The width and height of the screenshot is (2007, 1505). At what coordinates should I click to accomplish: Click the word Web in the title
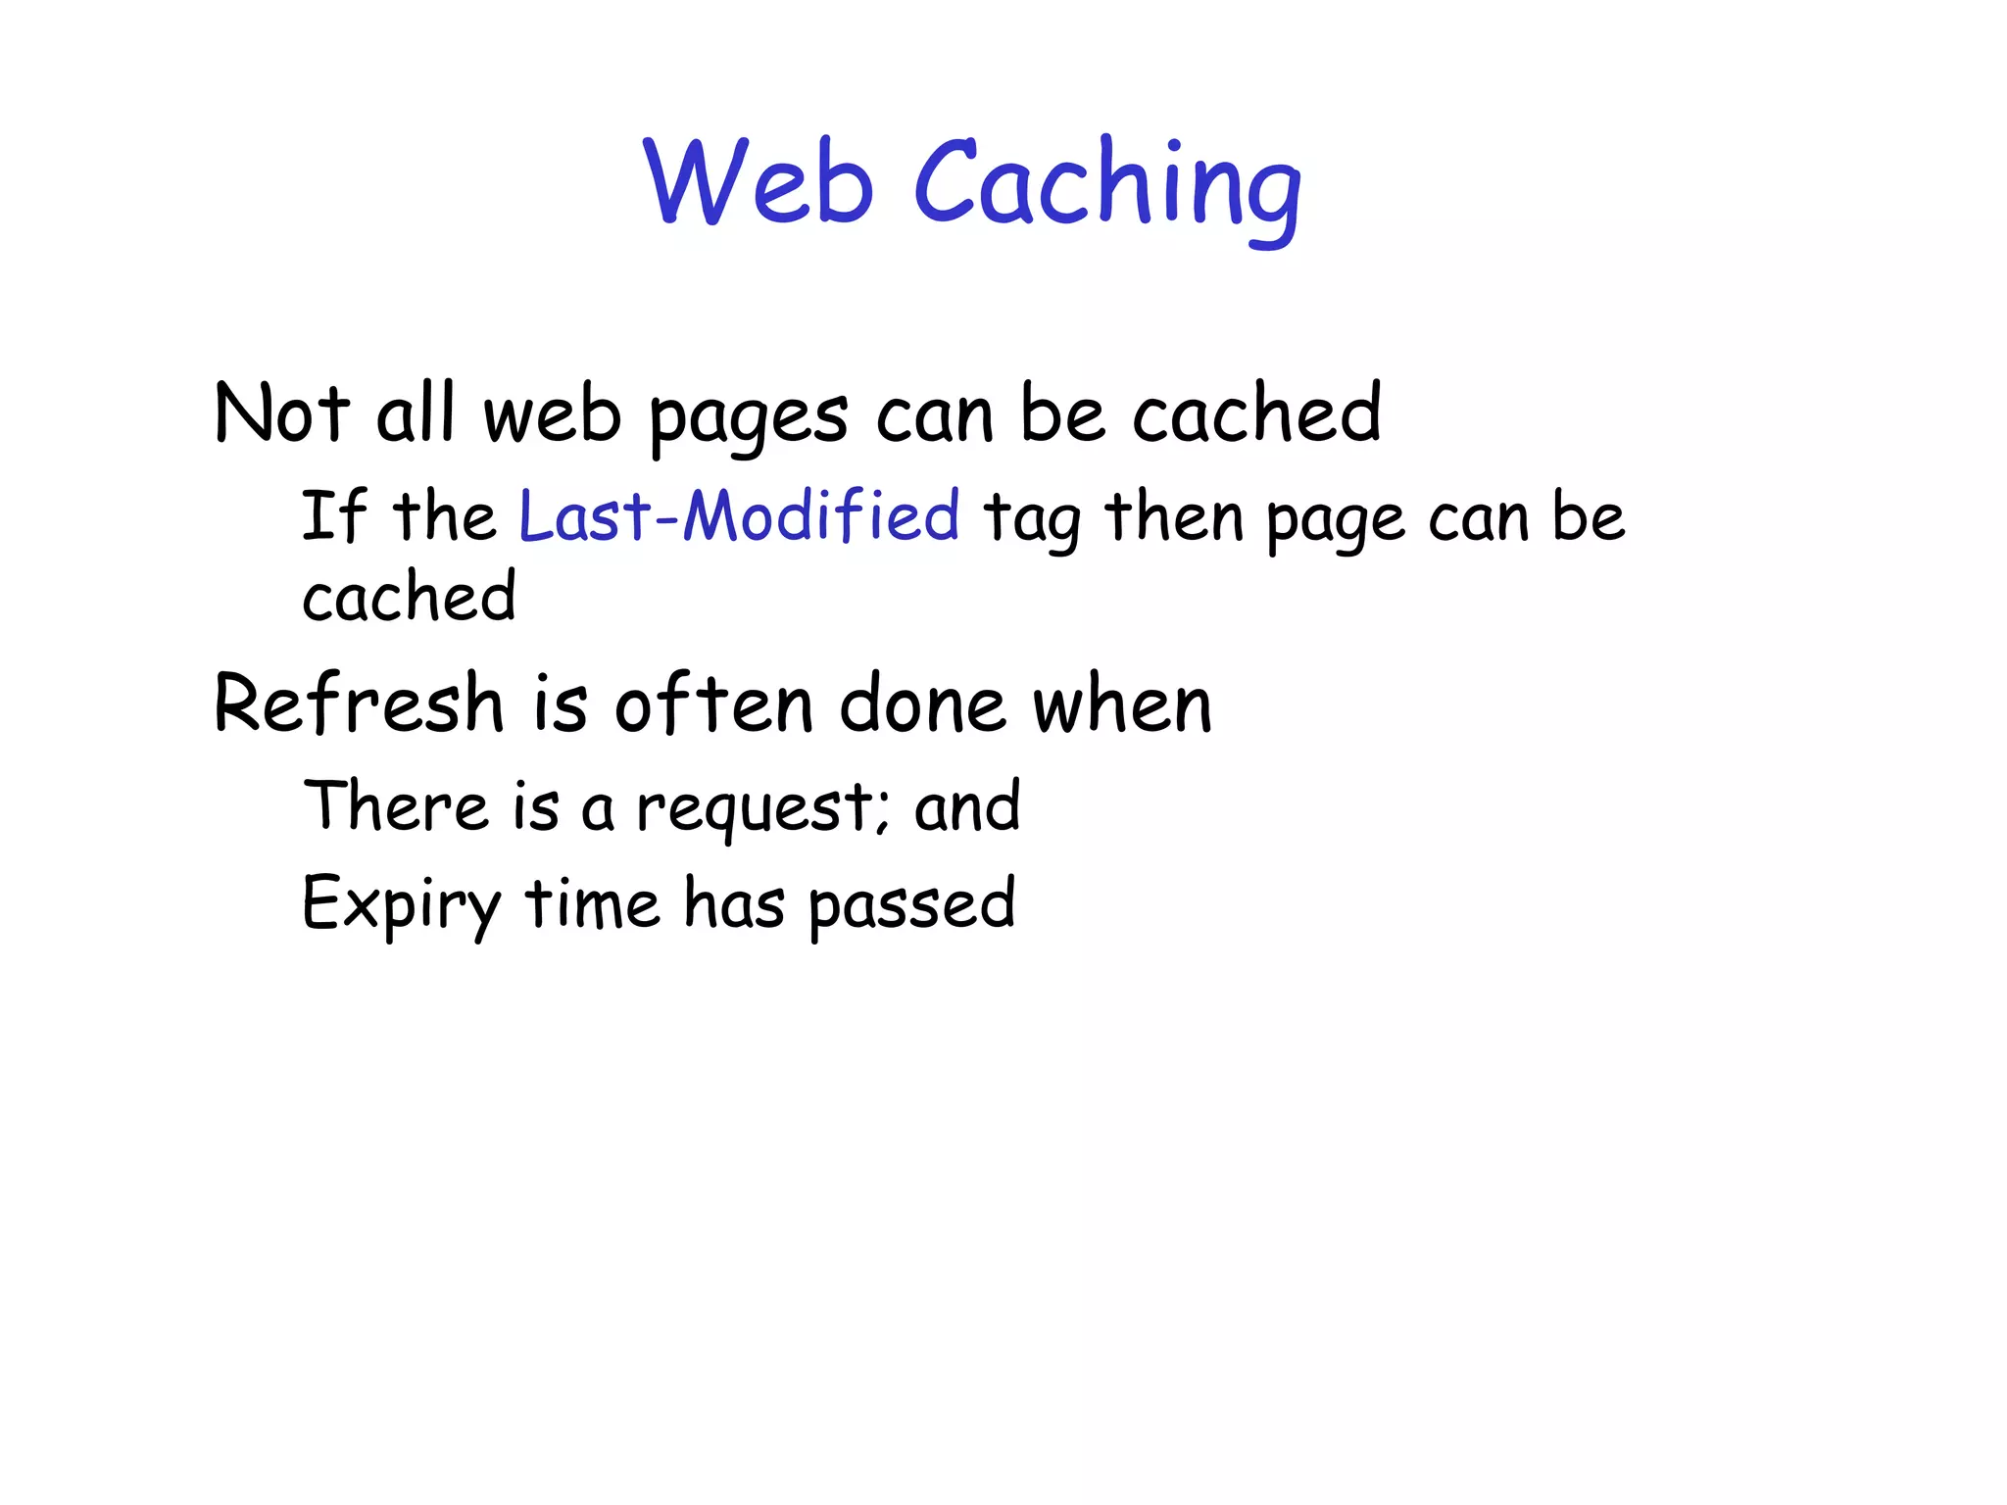(758, 182)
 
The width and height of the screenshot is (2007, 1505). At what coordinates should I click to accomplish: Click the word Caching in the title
(1107, 186)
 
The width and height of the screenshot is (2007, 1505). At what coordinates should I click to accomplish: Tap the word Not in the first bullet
(281, 413)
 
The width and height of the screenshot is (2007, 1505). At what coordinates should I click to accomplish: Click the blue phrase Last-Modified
(739, 515)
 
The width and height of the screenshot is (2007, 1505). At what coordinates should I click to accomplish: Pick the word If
(334, 515)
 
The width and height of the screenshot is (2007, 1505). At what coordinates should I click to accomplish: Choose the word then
(1174, 516)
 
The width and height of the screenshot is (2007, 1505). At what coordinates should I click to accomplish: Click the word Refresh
(359, 703)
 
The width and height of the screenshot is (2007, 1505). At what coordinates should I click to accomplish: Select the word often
(713, 703)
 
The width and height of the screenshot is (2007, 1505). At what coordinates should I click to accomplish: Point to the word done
(922, 704)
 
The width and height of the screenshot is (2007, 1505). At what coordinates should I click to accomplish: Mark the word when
(1123, 704)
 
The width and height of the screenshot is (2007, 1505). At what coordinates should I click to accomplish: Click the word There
(396, 805)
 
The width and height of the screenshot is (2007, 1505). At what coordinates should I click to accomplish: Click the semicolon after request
(884, 813)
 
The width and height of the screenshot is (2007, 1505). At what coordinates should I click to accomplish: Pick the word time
(593, 903)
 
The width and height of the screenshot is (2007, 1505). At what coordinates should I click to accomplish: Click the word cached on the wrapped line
(409, 596)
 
